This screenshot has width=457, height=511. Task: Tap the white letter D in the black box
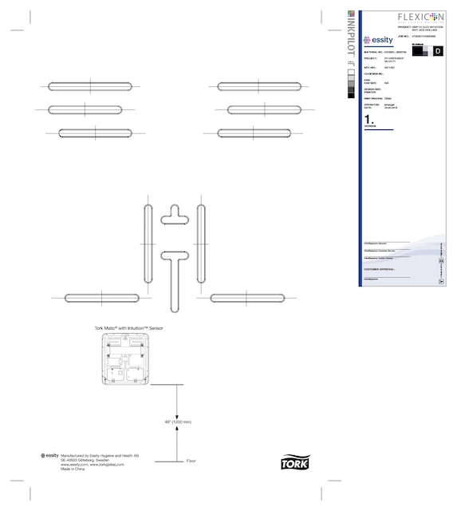[436, 51]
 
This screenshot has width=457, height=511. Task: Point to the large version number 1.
[368, 119]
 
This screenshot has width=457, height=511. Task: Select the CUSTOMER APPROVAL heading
[379, 269]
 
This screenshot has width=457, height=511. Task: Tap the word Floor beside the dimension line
[191, 461]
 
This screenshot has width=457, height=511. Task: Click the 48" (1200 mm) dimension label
[178, 421]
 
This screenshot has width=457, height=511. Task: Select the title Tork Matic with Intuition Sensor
[128, 327]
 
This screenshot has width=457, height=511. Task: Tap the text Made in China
[73, 469]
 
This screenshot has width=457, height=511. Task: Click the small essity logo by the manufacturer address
[49, 455]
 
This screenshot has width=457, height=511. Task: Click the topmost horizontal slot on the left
[90, 86]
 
